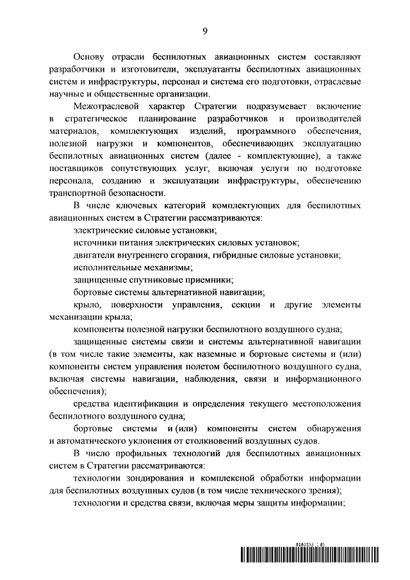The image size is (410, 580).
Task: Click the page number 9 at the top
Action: [x=205, y=29]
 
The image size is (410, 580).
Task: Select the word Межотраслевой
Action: [x=106, y=106]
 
